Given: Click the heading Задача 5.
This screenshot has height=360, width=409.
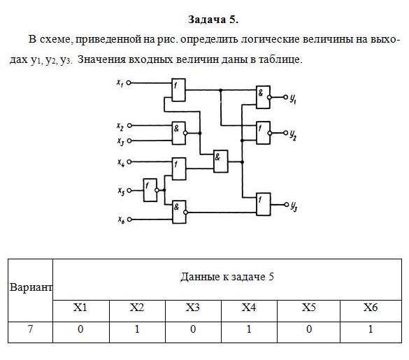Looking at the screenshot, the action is coord(213,20).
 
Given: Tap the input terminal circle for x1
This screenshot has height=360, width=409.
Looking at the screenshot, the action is coord(129,83).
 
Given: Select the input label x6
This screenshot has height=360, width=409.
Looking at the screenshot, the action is coord(120,220).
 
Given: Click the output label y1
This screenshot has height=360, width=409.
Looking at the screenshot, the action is coord(293,99).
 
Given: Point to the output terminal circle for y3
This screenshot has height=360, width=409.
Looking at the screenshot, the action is coord(286,204).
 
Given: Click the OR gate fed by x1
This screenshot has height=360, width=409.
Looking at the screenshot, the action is coord(179,90).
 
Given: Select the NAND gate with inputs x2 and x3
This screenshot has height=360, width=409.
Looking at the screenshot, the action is coord(180,133).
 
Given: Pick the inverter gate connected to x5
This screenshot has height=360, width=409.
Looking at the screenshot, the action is coord(151,190).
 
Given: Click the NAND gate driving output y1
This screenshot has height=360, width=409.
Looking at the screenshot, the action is coord(264,97).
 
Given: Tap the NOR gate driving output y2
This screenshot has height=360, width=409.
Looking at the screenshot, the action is coord(264,133).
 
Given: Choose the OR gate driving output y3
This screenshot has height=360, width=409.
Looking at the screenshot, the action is coord(264,204).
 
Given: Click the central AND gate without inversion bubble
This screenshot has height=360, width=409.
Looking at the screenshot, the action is coord(221,161).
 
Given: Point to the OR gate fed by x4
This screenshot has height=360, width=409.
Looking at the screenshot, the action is coord(179,168).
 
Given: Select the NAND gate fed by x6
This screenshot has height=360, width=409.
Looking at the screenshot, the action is coord(180,212).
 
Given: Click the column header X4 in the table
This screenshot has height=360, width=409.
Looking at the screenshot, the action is coord(249,308).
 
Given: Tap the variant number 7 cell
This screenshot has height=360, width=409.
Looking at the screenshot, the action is coord(30,329).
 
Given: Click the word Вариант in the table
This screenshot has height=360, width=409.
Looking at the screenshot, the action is coord(31,287).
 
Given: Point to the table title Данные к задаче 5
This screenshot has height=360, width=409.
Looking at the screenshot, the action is coord(227,277).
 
